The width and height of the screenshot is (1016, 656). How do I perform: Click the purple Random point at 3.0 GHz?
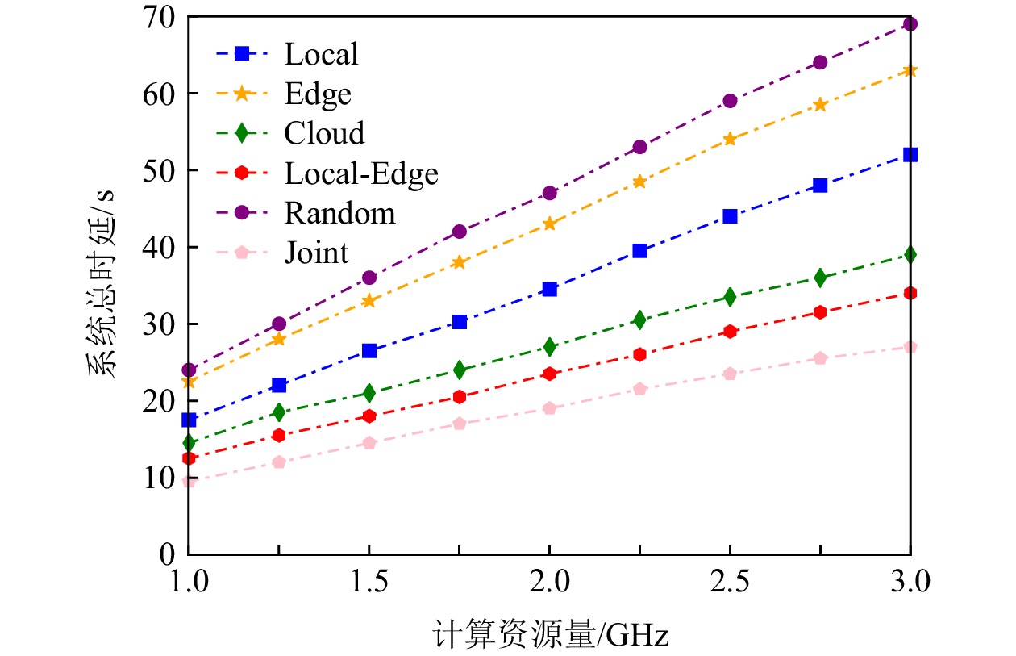coord(910,23)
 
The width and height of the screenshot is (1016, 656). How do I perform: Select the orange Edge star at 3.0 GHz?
coord(910,70)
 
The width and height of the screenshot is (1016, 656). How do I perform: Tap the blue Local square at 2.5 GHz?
coord(730,216)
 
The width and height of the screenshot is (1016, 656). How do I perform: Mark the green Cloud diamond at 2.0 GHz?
coord(550,347)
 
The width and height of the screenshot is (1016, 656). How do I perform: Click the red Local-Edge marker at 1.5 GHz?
coord(369,416)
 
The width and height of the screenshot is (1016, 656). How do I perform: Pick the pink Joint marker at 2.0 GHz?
coord(550,408)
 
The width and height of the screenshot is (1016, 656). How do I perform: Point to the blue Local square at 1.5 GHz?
coord(369,351)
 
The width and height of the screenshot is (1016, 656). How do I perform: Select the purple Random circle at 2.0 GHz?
coord(550,193)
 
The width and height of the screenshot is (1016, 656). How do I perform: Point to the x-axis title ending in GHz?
coord(550,634)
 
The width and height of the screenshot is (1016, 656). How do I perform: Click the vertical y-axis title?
coord(103,285)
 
